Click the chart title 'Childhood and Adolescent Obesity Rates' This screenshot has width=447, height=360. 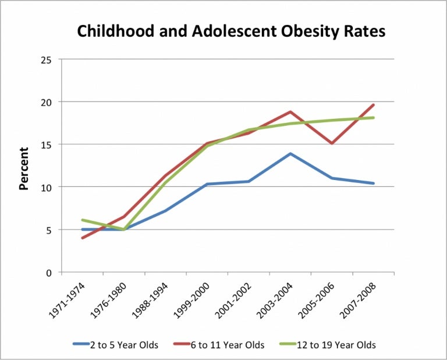click(231, 31)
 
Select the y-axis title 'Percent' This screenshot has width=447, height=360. click(24, 169)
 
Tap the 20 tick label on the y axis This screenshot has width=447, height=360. click(47, 103)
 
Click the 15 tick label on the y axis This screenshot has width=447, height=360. click(47, 144)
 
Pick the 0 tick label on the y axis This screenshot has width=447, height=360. click(49, 273)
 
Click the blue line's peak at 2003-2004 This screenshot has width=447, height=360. click(290, 154)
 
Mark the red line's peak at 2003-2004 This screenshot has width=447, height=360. click(290, 112)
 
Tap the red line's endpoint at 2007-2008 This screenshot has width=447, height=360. click(373, 105)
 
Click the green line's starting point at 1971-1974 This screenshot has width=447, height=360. click(82, 220)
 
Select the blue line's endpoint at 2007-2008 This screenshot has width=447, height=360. click(373, 183)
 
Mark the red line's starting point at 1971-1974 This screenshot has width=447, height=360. click(82, 238)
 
